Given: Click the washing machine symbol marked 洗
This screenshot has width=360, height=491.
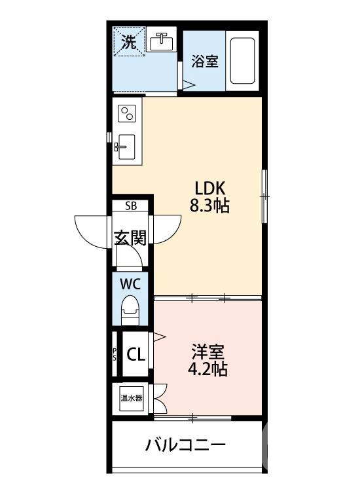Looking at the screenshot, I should click(130, 44).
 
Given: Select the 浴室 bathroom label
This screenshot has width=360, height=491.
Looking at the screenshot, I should click(205, 62).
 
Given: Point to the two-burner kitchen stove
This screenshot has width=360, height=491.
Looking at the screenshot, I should click(126, 114).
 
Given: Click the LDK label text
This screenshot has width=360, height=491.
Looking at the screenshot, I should click(208, 186).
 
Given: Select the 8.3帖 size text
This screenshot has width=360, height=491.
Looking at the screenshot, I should click(209, 206).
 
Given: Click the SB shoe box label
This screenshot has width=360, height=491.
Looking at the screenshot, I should click(131, 206).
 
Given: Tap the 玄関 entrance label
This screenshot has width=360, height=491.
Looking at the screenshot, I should click(130, 237).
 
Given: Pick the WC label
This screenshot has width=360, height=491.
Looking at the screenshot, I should click(131, 284).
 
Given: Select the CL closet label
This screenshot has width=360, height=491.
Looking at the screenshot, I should click(135, 355).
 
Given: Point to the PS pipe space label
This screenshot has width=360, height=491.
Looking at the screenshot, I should click(115, 355).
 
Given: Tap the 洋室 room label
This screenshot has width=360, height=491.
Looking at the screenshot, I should click(208, 350).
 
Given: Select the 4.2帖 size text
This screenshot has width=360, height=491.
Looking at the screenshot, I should click(208, 369).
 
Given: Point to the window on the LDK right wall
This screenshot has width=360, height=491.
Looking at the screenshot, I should click(264, 194).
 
